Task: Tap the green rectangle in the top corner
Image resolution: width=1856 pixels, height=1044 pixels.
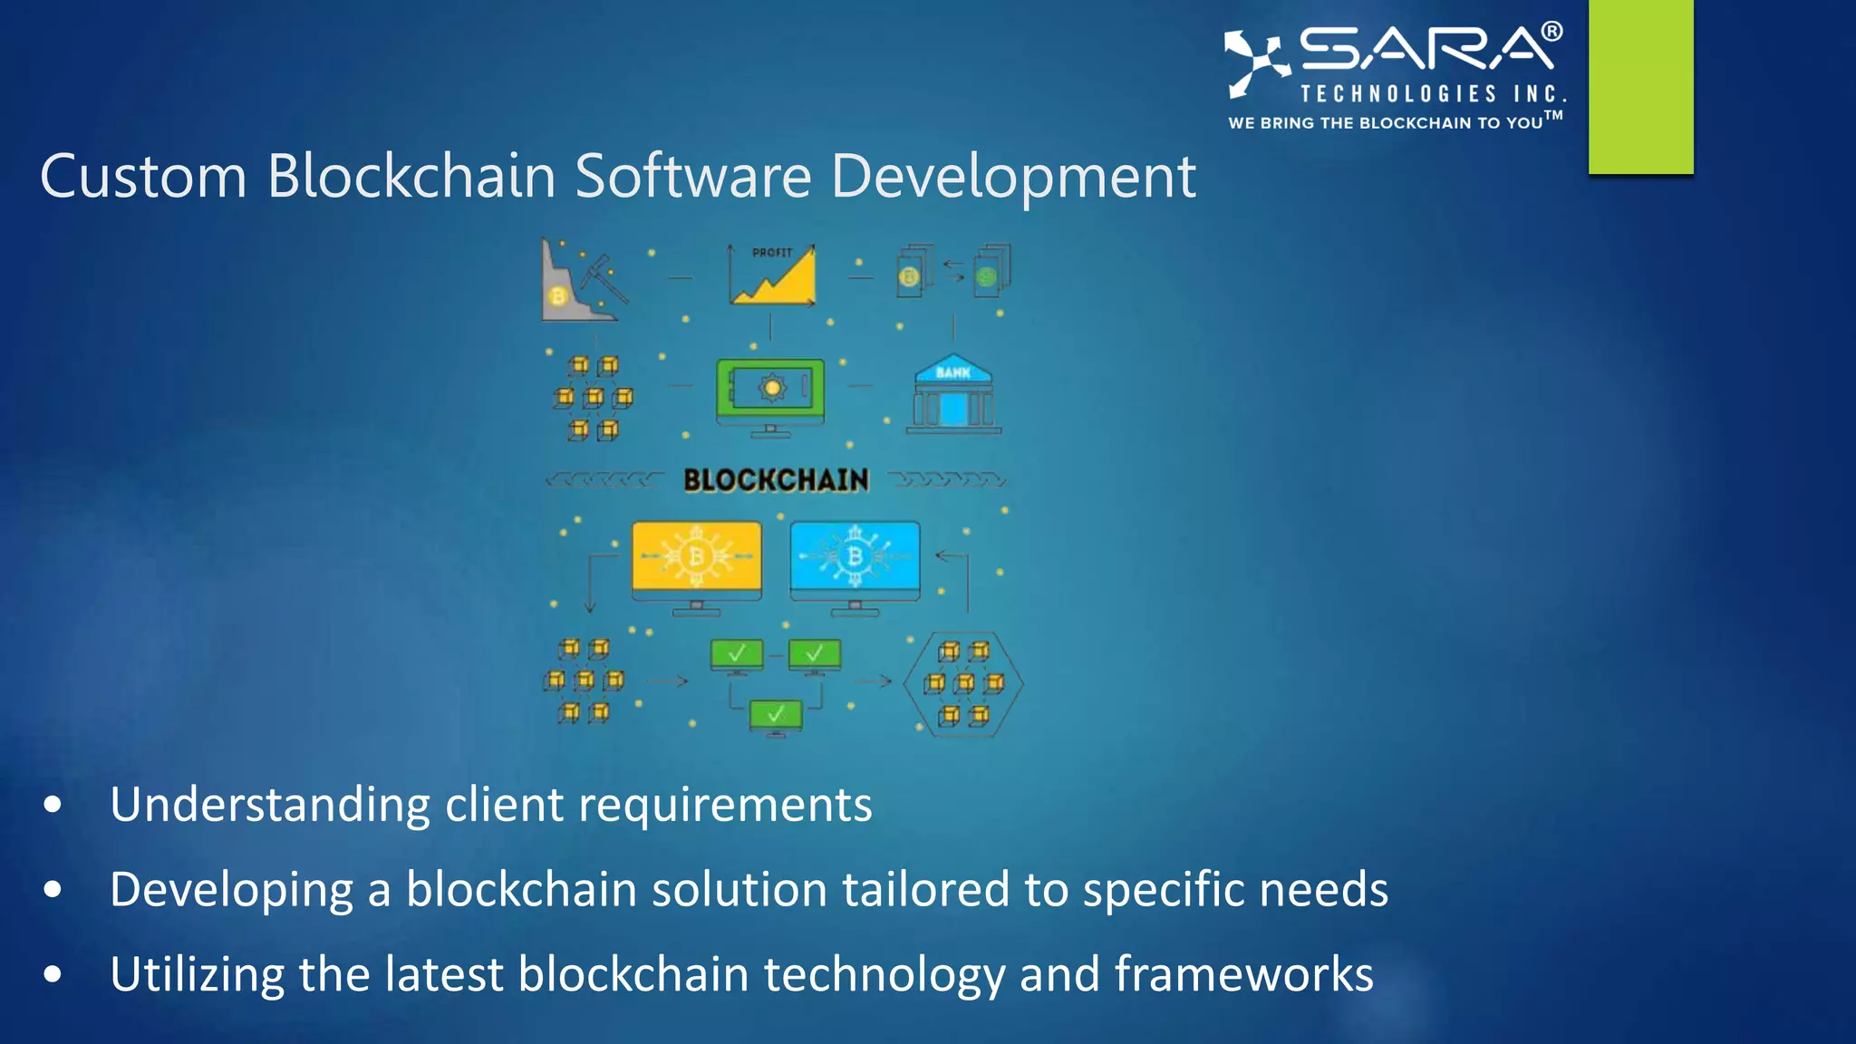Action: click(x=1640, y=86)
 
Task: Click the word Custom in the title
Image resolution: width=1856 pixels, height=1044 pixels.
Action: click(x=143, y=176)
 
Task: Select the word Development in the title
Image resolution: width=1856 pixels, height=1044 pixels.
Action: click(x=1013, y=178)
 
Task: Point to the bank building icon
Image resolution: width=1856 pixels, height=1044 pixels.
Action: click(x=953, y=393)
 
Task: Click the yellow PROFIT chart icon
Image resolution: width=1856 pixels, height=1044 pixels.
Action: click(x=772, y=275)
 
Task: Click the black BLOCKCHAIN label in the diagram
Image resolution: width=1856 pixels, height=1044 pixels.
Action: click(x=776, y=480)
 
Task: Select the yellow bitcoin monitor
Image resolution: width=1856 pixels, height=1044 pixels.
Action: click(x=696, y=562)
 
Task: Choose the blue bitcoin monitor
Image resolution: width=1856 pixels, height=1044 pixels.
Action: click(x=855, y=562)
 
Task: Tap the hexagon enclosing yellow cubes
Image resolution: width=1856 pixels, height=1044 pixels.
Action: click(x=963, y=684)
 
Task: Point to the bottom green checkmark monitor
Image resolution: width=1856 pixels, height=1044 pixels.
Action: click(x=776, y=716)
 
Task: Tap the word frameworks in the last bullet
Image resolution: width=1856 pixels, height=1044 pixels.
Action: click(x=1243, y=974)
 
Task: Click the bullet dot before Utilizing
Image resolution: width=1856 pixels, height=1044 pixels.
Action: click(x=53, y=974)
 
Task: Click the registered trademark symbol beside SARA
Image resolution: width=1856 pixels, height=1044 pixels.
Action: click(x=1551, y=32)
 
